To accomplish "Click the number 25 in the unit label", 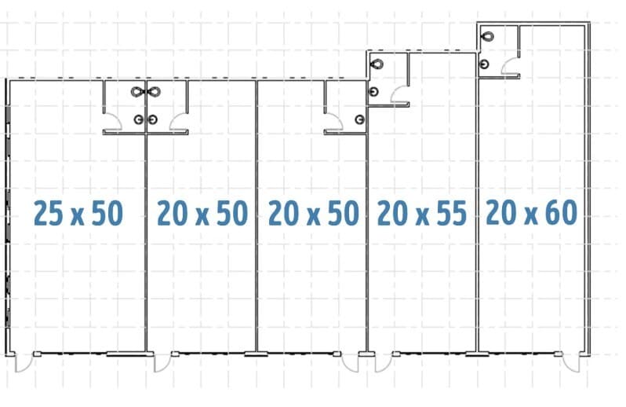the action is coord(49,213).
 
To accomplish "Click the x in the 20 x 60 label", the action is coord(531,216).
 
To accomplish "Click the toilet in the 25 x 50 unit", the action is coord(138,92).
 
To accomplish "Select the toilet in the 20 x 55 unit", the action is coord(377,64).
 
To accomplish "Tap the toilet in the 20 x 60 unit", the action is coord(487,36).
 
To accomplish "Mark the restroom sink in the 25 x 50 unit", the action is coord(139,119).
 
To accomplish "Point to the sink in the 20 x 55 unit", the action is coord(373,92).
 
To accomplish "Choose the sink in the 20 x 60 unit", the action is coord(485,64).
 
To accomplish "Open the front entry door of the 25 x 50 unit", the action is coord(24,363).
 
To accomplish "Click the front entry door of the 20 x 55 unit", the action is coord(384,363).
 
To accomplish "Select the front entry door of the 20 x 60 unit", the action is coord(571,363).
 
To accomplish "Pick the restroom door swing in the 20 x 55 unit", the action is coord(399,94).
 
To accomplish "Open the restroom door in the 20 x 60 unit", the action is coord(510,66).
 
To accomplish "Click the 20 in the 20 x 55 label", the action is coord(392,213).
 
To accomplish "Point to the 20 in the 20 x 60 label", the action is coord(501,212).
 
